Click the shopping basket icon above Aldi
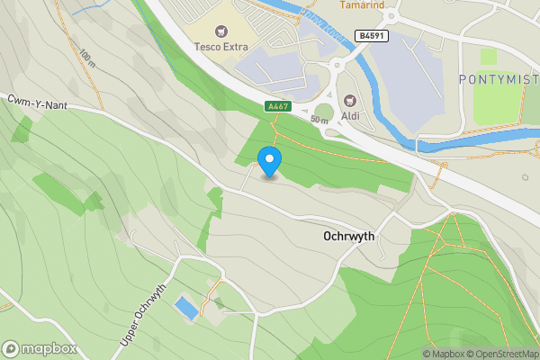(349, 101)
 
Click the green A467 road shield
(279, 106)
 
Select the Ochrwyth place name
(348, 237)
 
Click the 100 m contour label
(87, 60)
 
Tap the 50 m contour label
(319, 119)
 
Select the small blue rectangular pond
(186, 308)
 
